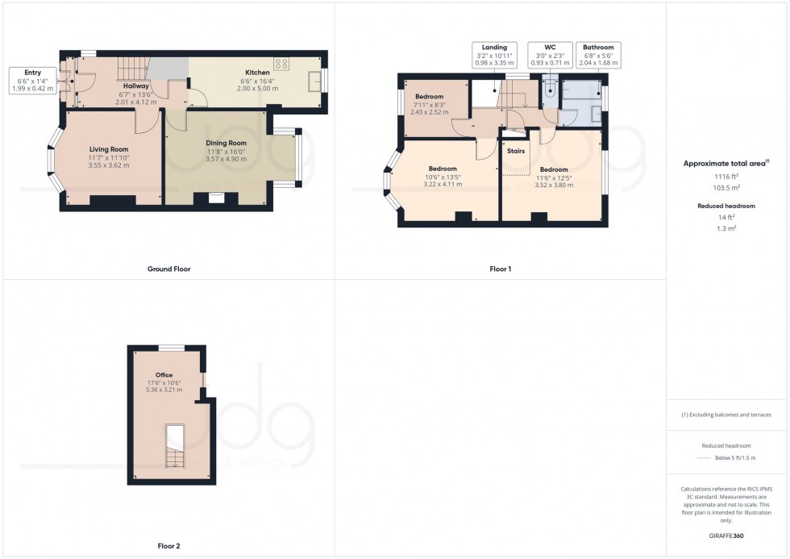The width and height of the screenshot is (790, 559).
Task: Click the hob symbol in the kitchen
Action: point(283,63)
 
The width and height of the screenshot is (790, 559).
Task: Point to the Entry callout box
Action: point(32,81)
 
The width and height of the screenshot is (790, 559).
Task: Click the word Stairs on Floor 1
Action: point(516,150)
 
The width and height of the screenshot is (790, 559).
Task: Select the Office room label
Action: point(164,382)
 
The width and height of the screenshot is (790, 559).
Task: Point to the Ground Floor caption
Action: point(170,269)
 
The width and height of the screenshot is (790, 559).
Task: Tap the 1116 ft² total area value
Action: point(727,175)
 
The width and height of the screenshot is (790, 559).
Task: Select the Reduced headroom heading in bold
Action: point(726,206)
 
